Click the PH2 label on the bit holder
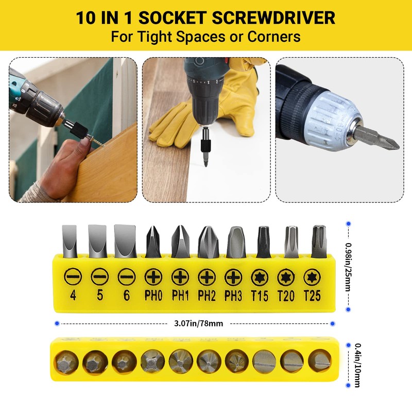click(x=207, y=296)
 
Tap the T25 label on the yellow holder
click(x=313, y=296)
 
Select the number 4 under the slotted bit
click(x=72, y=297)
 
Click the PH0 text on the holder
click(x=153, y=296)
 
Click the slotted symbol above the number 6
click(x=126, y=278)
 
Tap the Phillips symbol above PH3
click(x=233, y=278)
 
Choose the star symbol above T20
click(x=286, y=278)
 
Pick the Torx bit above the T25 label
click(x=318, y=241)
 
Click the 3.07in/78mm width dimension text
click(x=195, y=323)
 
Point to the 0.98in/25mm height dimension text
click(x=349, y=267)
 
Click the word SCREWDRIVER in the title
click(x=266, y=18)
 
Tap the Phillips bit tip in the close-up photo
click(x=384, y=140)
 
